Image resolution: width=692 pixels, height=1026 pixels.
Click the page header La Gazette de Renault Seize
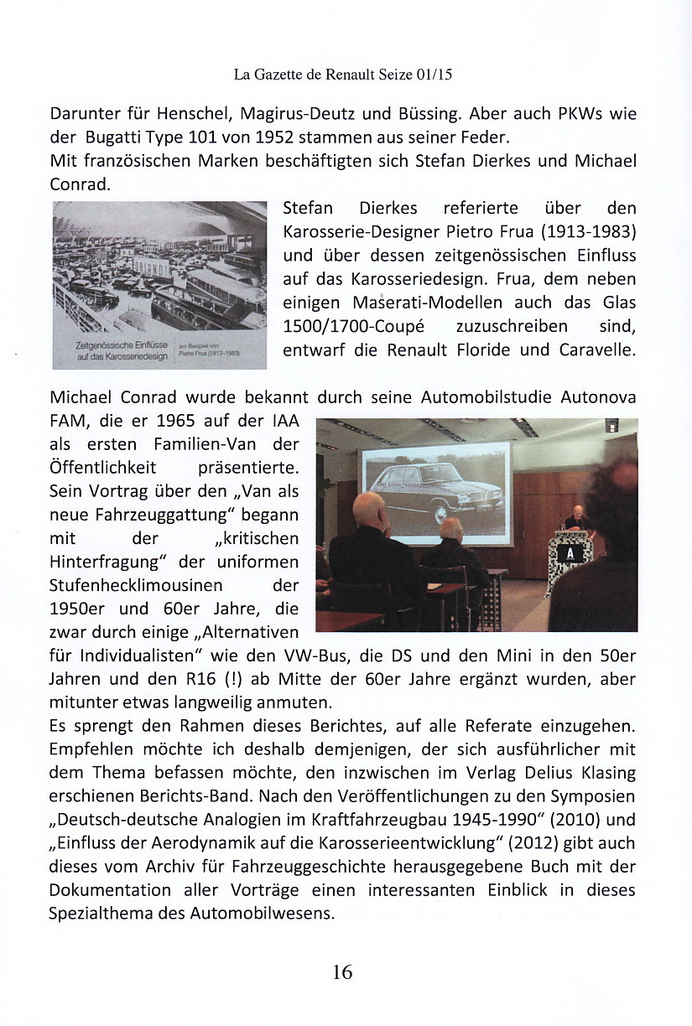point(343,75)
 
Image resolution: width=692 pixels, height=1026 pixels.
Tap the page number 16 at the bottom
point(342,972)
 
